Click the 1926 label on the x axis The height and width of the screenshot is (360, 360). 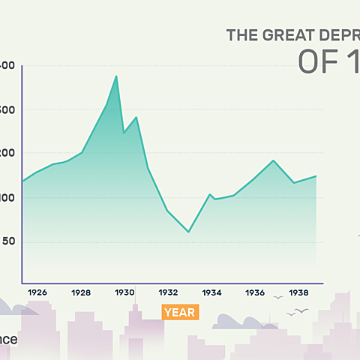(38, 292)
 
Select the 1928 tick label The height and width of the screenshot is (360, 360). (81, 292)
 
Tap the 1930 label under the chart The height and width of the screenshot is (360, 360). (124, 292)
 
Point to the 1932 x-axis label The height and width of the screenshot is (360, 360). (168, 292)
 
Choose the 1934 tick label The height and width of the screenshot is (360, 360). (211, 292)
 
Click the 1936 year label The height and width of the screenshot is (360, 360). (255, 292)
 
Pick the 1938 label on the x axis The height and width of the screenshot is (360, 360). (298, 292)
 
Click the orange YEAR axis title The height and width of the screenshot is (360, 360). (180, 312)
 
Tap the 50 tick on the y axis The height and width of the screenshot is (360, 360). (7, 241)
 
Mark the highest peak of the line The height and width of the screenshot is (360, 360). (116, 76)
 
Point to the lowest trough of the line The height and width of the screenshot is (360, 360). (188, 232)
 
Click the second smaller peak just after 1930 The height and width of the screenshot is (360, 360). (136, 117)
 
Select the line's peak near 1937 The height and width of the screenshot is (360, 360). (274, 160)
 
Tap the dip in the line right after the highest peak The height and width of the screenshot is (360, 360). (124, 133)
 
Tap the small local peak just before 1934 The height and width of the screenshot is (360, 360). (210, 194)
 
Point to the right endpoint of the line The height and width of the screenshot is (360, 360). (316, 176)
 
